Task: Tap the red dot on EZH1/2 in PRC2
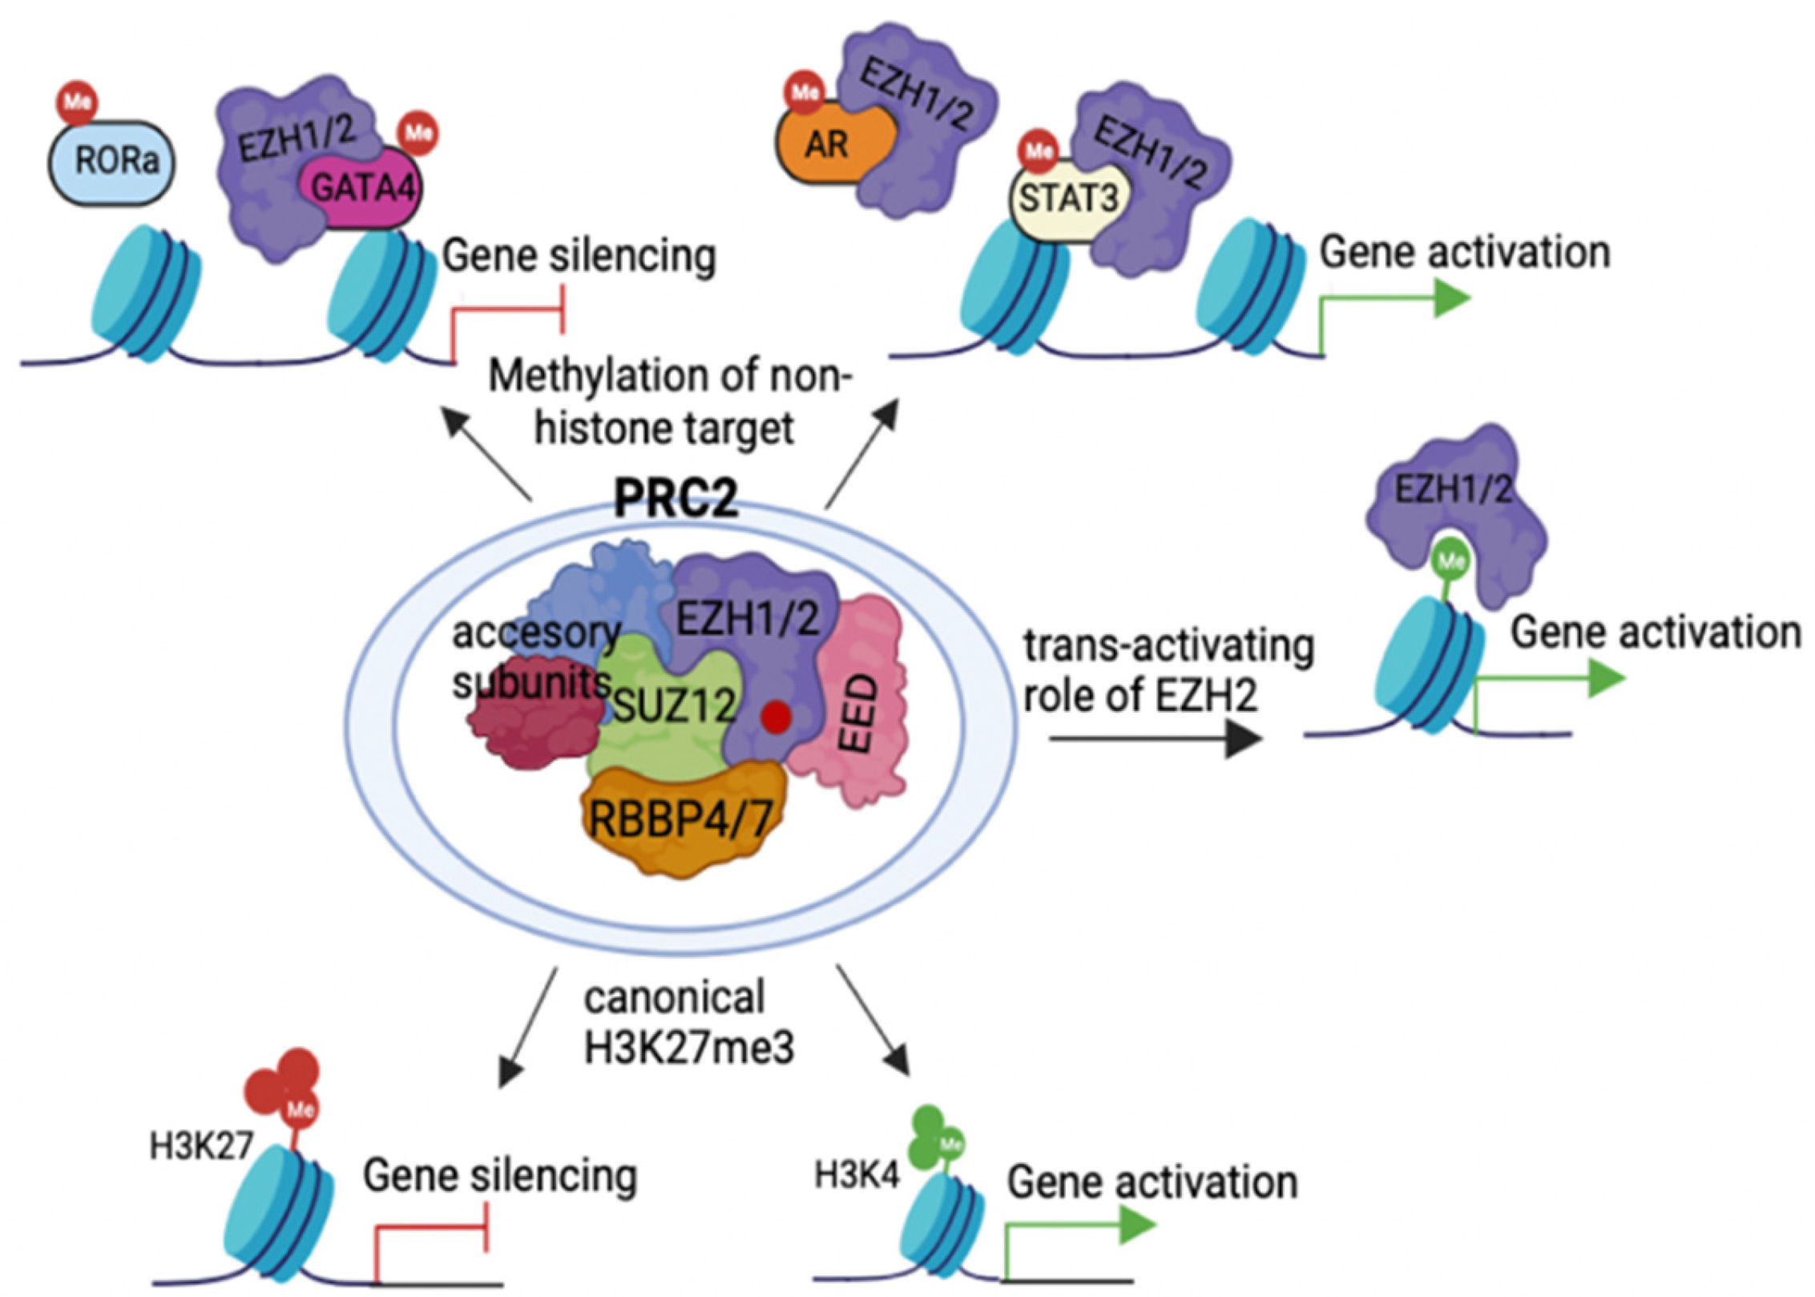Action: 776,716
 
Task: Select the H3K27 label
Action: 200,1147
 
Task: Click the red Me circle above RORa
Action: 77,103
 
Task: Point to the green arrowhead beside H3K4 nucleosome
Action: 1136,1226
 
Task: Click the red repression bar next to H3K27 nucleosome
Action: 485,1226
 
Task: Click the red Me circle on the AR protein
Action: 805,92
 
